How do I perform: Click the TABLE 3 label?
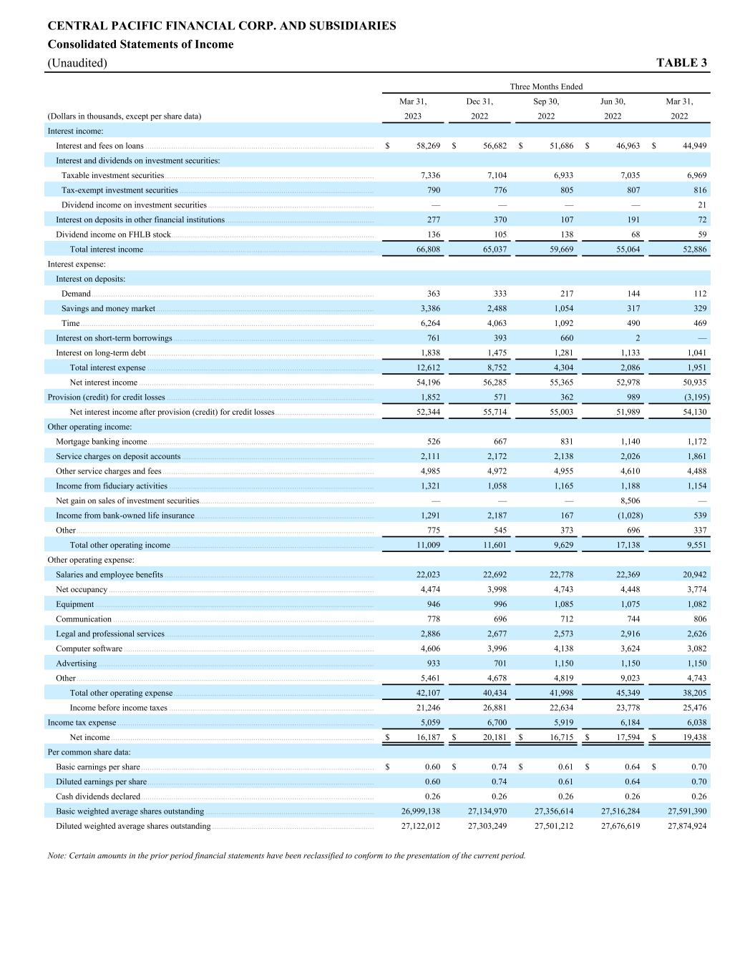[x=681, y=63]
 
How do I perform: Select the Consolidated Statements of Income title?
[x=140, y=44]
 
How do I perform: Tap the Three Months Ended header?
[x=546, y=87]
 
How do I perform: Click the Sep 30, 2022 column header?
[x=546, y=109]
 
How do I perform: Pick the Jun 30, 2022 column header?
[x=613, y=109]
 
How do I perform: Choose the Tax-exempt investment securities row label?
[x=120, y=190]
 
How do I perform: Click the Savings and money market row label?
[x=108, y=309]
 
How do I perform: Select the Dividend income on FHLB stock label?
[x=113, y=235]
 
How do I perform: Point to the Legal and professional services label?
[x=110, y=634]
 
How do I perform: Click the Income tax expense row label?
[x=82, y=723]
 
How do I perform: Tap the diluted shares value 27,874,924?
[x=687, y=826]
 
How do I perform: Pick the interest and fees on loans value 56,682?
[x=495, y=146]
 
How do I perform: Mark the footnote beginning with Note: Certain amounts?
[x=286, y=855]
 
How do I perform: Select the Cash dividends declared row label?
[x=98, y=797]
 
